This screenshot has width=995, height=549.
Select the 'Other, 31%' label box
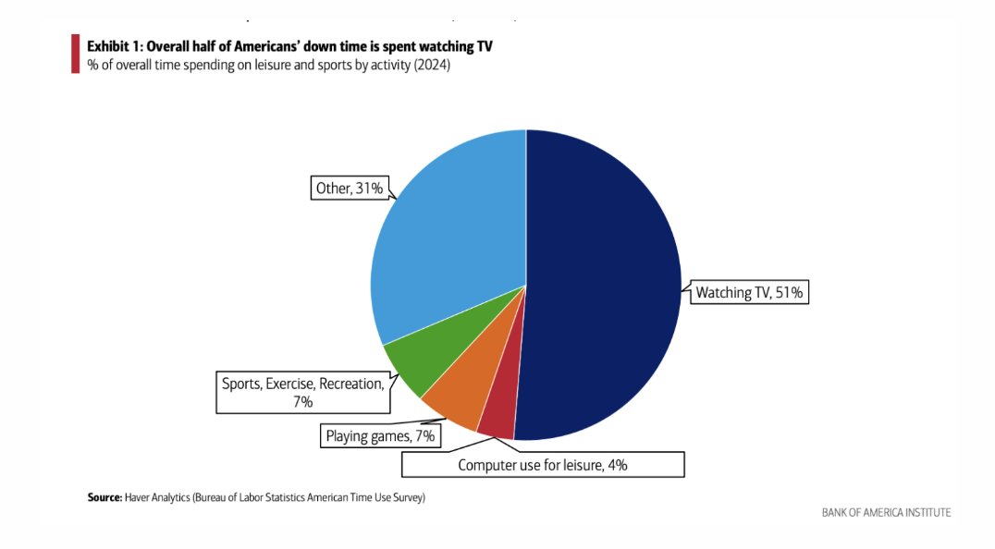click(349, 189)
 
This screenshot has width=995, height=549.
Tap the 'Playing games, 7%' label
click(380, 434)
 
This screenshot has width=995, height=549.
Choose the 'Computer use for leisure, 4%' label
click(543, 465)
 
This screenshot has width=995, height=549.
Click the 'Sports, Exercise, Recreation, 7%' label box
click(302, 391)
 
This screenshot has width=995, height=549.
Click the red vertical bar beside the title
click(75, 54)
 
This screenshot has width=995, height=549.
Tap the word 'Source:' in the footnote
click(104, 497)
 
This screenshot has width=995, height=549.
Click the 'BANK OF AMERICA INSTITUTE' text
click(885, 512)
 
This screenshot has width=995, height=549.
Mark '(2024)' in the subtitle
click(431, 65)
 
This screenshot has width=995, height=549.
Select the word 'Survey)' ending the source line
click(407, 497)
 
